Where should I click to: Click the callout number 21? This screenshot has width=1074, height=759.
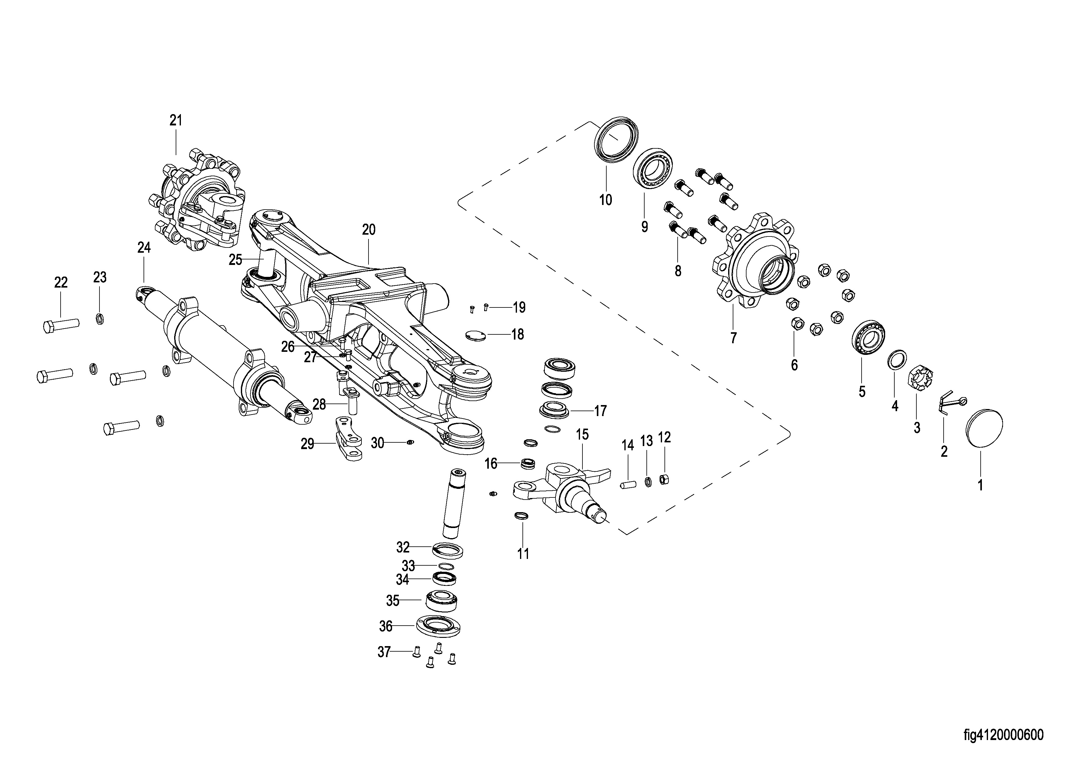[x=176, y=121]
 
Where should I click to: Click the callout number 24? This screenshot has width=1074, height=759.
[x=144, y=247]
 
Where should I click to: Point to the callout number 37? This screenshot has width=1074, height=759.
[x=384, y=652]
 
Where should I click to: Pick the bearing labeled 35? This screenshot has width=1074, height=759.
[x=441, y=601]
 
